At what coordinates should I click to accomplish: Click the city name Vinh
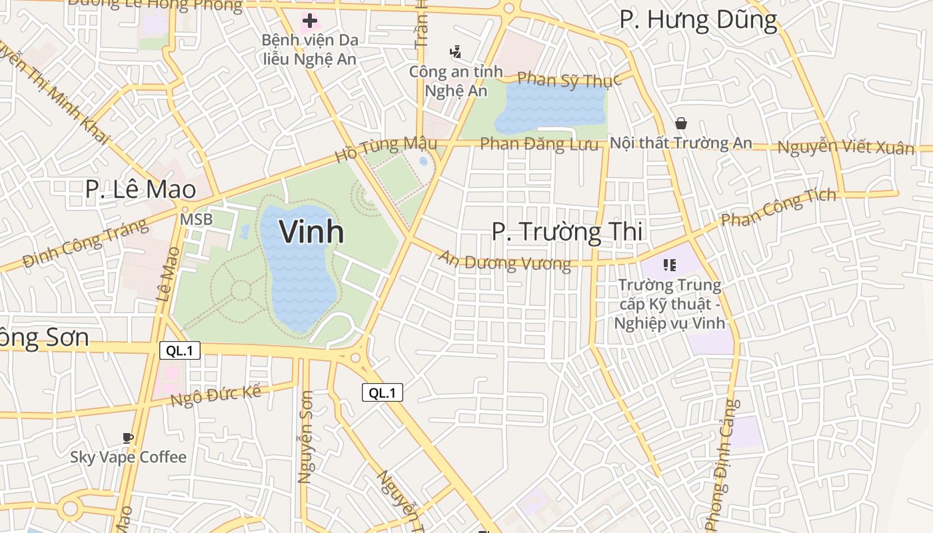(311, 232)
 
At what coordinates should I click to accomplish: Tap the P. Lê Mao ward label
(141, 189)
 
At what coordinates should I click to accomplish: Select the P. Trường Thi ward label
(567, 232)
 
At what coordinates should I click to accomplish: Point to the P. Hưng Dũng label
(698, 20)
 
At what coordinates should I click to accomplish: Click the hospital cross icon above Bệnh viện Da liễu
(309, 21)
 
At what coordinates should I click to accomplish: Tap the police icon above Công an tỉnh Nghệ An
(456, 51)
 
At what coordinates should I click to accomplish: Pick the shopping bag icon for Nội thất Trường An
(681, 123)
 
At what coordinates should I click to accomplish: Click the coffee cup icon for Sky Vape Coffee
(128, 438)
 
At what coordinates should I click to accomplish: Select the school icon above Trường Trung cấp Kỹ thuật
(670, 265)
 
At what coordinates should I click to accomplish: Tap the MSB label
(196, 219)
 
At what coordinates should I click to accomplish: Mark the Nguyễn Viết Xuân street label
(846, 147)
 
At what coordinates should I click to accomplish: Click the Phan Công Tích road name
(778, 208)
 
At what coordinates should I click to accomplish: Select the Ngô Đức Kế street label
(215, 396)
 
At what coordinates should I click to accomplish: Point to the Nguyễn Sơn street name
(305, 446)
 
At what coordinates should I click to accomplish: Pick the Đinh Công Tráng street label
(85, 243)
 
